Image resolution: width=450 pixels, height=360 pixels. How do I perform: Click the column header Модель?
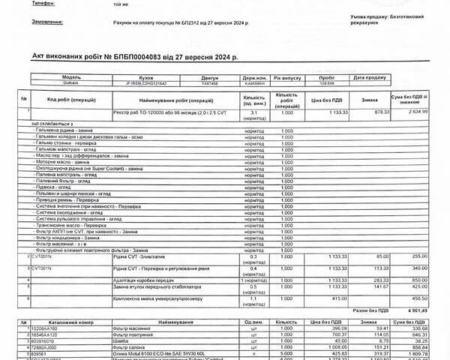click(71, 77)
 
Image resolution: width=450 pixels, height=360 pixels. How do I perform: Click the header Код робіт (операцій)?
click(70, 99)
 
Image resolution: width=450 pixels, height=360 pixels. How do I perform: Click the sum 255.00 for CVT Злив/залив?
click(419, 256)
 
